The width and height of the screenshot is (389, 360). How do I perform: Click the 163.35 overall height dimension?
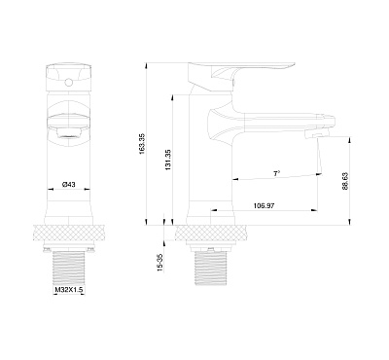tap(143, 144)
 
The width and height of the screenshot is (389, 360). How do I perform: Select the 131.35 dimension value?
tap(168, 160)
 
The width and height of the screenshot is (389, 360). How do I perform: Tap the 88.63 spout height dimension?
tap(345, 181)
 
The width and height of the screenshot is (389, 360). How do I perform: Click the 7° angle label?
tap(276, 173)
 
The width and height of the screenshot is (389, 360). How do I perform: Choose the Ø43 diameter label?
tap(68, 184)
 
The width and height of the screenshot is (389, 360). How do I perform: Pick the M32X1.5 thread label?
tap(67, 290)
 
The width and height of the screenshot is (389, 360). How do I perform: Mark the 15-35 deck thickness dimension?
tap(159, 263)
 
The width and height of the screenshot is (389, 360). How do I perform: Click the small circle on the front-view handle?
tap(68, 84)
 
